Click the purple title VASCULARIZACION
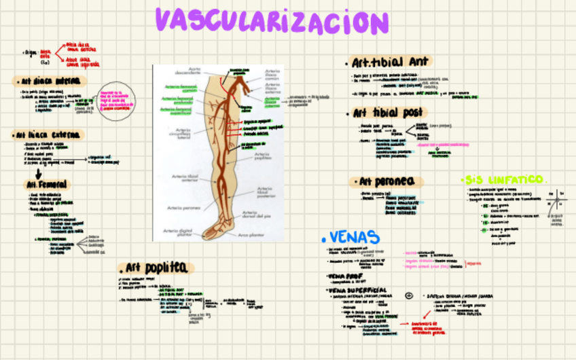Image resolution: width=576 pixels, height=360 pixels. pos(272,21)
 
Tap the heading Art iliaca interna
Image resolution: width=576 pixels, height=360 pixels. pos(49,82)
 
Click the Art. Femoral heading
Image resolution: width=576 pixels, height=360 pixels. pos(46,184)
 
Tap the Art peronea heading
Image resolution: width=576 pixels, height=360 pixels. pos(386,181)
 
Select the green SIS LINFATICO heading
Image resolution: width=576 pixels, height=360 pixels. pos(503,179)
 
